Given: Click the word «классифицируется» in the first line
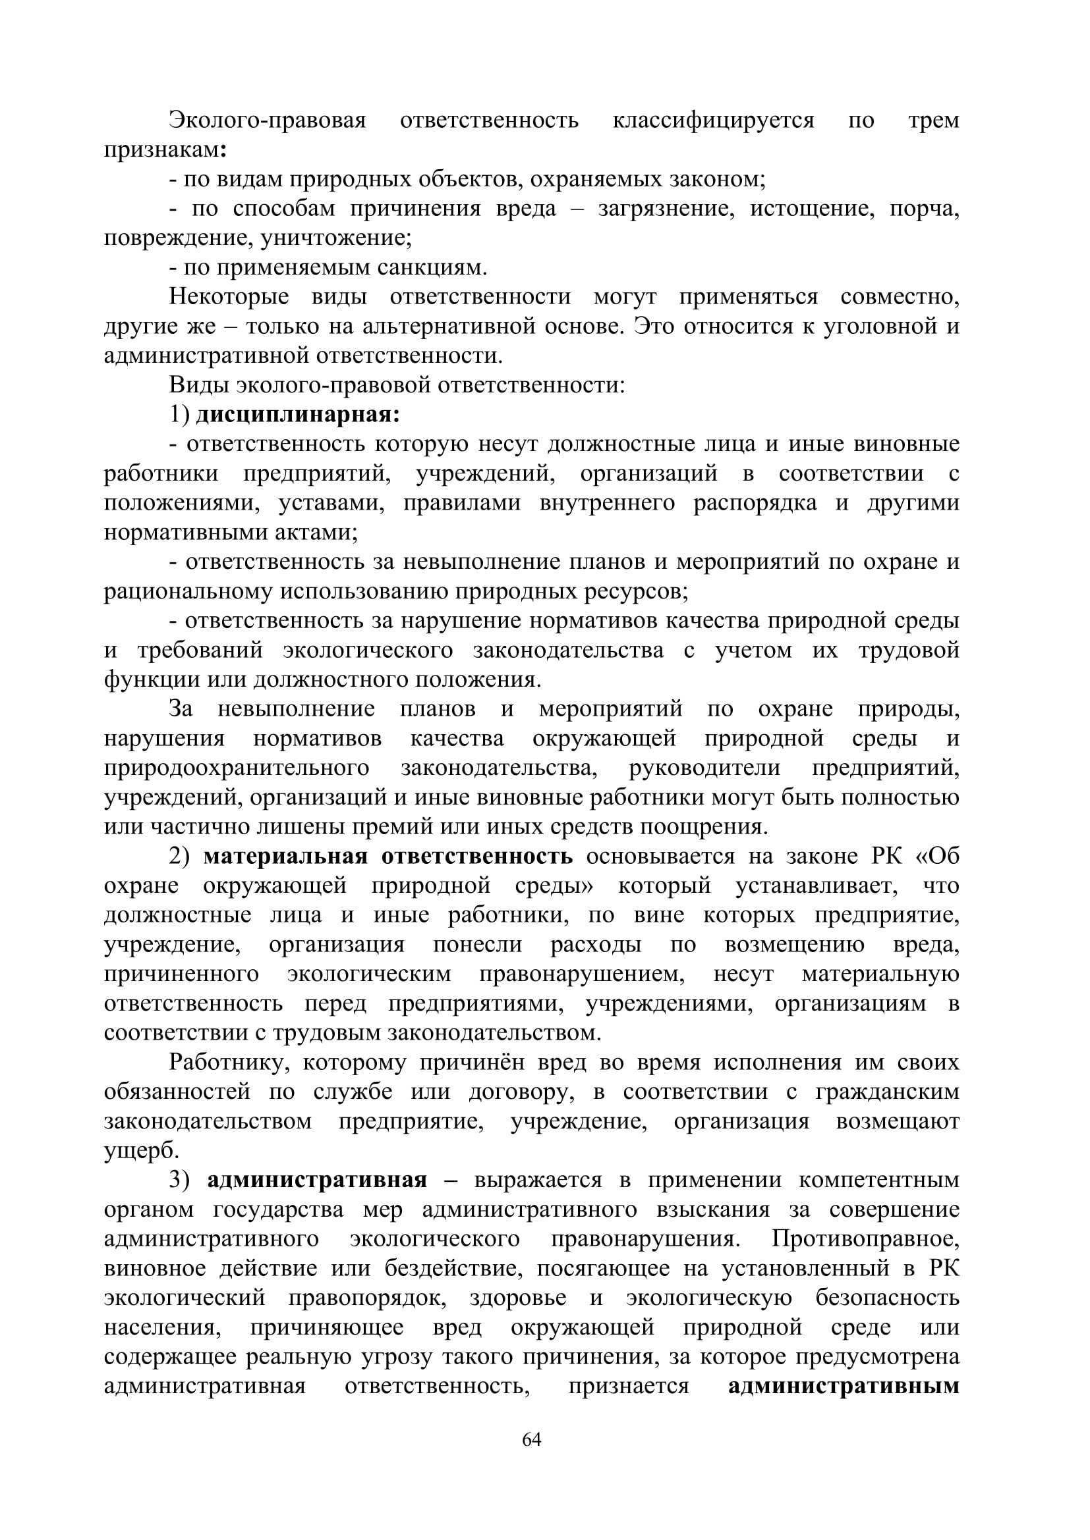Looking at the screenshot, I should (x=713, y=120).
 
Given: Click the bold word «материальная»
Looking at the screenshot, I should (x=285, y=857).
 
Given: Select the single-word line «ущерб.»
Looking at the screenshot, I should (x=142, y=1151).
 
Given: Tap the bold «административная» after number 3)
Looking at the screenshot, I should (x=317, y=1181).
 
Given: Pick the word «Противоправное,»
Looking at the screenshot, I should (x=865, y=1240).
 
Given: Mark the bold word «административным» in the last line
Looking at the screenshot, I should (x=843, y=1387).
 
